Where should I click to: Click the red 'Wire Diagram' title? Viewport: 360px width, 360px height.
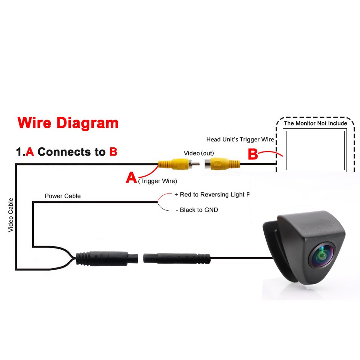68,123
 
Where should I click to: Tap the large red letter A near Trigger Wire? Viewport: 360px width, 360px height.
131,177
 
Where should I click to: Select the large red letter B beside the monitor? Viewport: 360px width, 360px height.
253,154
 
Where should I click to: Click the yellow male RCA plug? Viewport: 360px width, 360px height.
178,164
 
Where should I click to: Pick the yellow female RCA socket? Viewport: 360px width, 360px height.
222,164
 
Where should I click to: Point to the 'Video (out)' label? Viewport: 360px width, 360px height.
199,153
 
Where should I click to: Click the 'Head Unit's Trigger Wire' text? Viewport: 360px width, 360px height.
240,139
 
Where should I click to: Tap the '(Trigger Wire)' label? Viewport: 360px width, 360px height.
157,181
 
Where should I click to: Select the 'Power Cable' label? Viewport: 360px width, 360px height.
63,196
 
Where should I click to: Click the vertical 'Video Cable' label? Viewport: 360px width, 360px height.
10,215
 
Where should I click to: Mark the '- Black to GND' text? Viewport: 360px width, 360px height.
197,210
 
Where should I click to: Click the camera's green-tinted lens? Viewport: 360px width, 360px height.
323,256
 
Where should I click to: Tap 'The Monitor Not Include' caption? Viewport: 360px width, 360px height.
315,123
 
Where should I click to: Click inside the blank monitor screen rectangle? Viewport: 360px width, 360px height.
315,151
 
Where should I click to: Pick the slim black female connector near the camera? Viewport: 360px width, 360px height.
177,258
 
